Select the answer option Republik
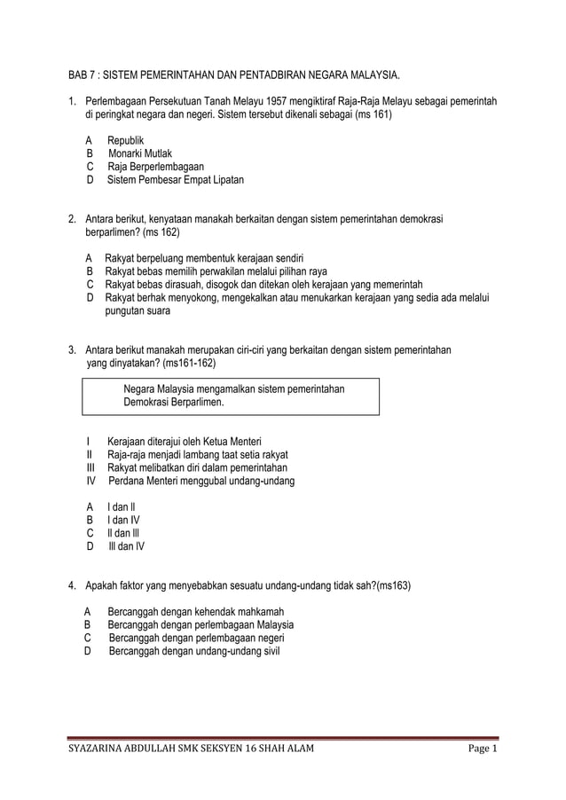[x=125, y=141]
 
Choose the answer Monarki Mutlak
[x=140, y=153]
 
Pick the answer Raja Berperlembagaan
[x=155, y=167]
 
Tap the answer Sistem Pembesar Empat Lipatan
[x=176, y=180]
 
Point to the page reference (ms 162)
[x=160, y=232]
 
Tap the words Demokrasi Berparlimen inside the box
[x=174, y=402]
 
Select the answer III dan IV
[x=126, y=546]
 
